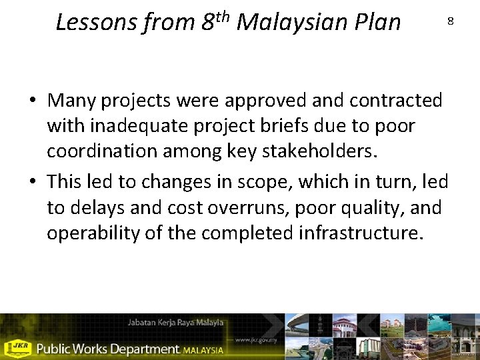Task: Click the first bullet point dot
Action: [x=32, y=101]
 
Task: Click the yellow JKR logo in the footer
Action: [x=17, y=348]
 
